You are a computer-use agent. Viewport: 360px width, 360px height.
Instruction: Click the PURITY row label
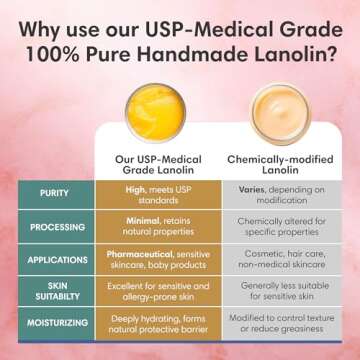point(54,193)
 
